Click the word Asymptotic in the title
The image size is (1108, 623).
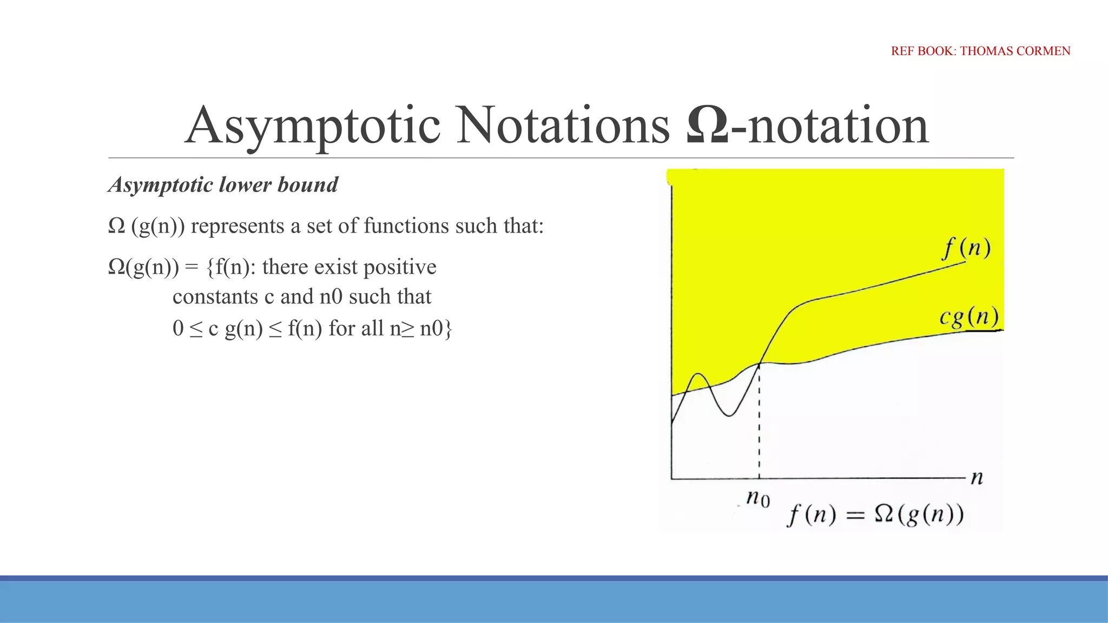coord(313,127)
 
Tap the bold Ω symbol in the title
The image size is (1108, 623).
coord(707,125)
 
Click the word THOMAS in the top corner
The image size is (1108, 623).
coord(986,51)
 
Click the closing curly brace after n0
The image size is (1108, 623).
coord(448,329)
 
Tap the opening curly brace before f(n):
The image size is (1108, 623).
coord(210,268)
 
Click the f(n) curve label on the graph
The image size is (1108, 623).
coord(967,249)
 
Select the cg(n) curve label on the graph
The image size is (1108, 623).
coord(969,317)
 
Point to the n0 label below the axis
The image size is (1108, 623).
coord(757,497)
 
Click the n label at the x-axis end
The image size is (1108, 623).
coord(977,478)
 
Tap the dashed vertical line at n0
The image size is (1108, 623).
coord(759,422)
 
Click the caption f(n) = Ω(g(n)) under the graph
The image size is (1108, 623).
coord(875,514)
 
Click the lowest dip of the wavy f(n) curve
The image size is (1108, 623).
coord(729,415)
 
